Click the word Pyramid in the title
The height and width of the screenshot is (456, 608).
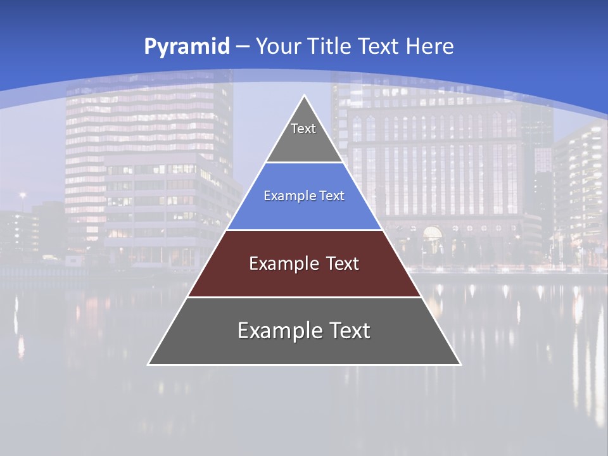tap(186, 46)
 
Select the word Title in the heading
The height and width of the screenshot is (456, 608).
tap(329, 46)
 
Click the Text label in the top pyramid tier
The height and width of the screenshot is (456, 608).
tap(303, 129)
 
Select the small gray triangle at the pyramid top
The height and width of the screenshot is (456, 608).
tap(304, 142)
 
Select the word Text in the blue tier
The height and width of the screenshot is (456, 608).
tap(332, 196)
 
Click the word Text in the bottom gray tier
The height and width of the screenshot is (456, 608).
tap(350, 331)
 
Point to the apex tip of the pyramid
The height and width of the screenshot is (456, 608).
tap(304, 96)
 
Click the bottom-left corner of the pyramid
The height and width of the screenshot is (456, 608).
tap(149, 364)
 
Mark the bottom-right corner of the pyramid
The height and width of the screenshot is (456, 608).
tap(460, 364)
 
